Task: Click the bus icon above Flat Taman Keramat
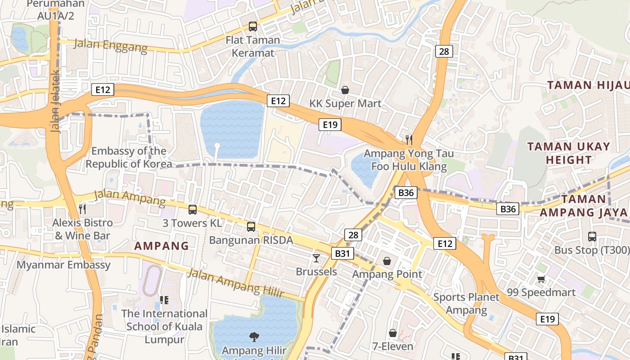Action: click(253, 27)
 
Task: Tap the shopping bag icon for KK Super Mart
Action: click(345, 90)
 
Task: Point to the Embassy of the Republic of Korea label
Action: click(129, 157)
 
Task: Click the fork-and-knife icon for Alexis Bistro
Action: click(82, 209)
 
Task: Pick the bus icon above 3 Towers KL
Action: click(193, 209)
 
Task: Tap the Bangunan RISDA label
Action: click(251, 240)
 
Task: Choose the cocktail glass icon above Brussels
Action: click(316, 258)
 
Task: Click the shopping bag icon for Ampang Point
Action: click(387, 261)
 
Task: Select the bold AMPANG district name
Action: click(162, 246)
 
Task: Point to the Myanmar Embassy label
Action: click(63, 265)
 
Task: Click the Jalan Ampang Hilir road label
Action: click(236, 283)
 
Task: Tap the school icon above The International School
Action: click(164, 300)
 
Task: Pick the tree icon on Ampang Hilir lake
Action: click(254, 337)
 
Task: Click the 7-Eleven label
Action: click(392, 346)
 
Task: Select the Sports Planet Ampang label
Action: click(466, 303)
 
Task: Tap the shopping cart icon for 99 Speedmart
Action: click(541, 279)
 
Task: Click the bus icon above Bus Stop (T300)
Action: click(592, 236)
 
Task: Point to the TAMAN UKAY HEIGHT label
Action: click(568, 153)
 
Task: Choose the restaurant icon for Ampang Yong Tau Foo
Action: click(409, 139)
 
